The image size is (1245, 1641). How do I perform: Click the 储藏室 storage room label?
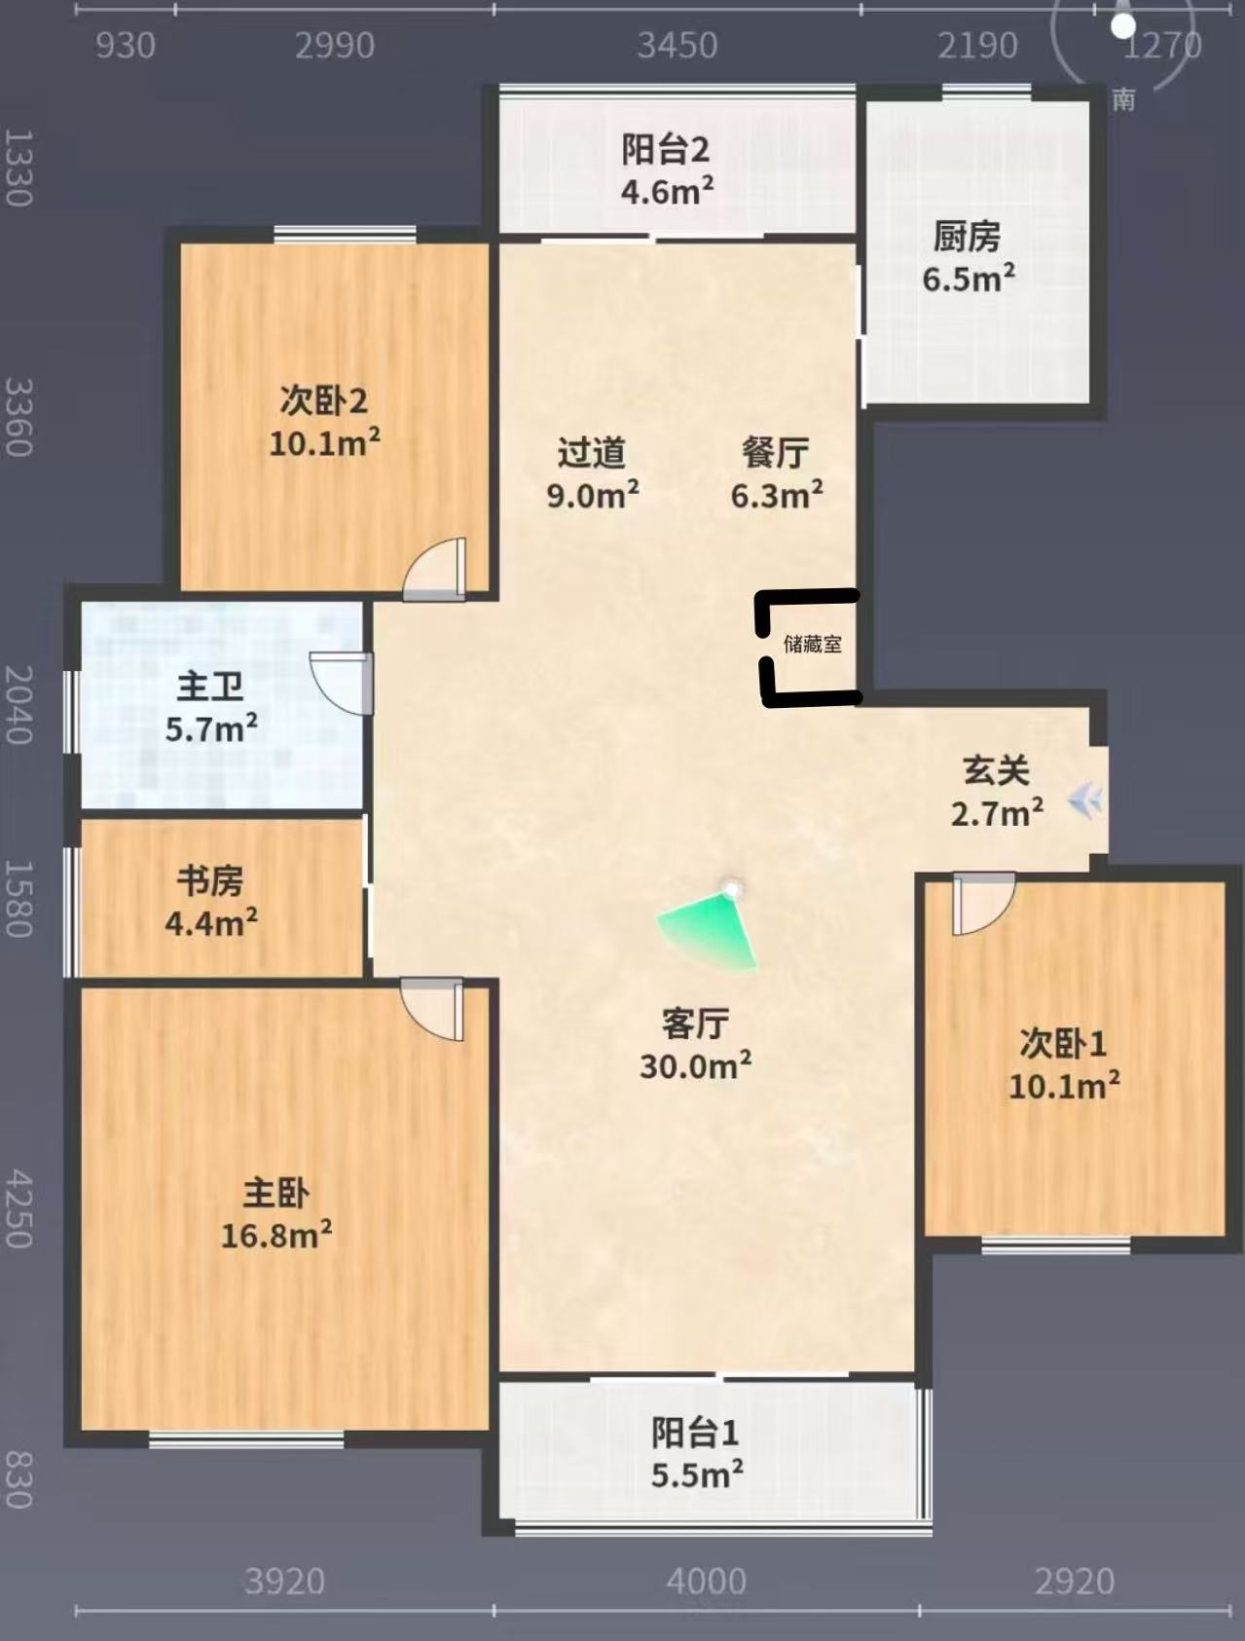[813, 644]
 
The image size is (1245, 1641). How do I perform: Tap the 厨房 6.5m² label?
[968, 257]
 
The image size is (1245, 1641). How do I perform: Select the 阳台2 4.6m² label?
[667, 170]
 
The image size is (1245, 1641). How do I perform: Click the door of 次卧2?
[435, 569]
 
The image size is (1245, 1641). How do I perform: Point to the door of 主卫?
[342, 683]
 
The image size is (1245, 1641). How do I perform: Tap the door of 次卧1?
[983, 904]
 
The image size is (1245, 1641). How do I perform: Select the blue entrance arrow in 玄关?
[1084, 802]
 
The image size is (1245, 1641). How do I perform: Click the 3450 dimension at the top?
[677, 46]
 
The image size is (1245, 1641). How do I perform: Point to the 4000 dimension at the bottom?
[706, 1581]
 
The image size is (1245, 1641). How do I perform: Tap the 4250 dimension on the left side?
[18, 1210]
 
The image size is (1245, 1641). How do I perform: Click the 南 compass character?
[1123, 99]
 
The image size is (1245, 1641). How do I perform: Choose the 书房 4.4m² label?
[211, 901]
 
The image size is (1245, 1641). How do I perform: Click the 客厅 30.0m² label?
[695, 1045]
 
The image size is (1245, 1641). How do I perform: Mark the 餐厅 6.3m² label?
[777, 473]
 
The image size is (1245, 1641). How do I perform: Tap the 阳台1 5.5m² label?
[697, 1453]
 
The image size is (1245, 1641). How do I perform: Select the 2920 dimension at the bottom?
[1075, 1581]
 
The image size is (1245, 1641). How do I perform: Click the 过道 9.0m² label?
[593, 473]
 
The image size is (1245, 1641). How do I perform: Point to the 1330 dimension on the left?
[18, 168]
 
